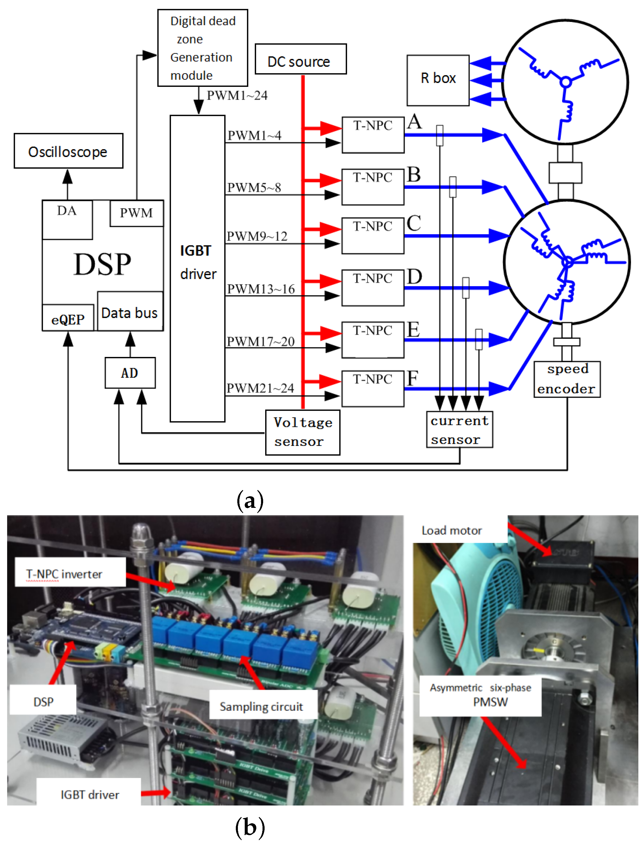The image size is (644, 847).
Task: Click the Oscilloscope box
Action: coord(68,151)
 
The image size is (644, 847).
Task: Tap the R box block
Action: coord(438,80)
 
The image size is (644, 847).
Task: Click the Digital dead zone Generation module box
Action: coord(202,48)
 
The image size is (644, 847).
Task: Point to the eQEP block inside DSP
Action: coord(68,319)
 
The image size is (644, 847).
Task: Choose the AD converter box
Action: coord(130,373)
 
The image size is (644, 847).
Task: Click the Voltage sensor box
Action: coord(303,432)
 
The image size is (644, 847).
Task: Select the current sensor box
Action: coord(459,430)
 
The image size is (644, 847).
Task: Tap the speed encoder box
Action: coord(567,379)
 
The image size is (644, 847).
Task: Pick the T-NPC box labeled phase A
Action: coord(373,135)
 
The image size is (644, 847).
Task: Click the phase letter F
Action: coord(412,379)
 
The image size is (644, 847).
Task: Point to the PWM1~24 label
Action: coord(237,95)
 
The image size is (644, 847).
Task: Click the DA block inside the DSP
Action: coord(67,219)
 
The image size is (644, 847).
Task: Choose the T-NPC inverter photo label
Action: coord(64,573)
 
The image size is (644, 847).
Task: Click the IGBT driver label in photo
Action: coord(90,794)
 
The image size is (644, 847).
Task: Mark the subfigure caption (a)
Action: coord(250,501)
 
